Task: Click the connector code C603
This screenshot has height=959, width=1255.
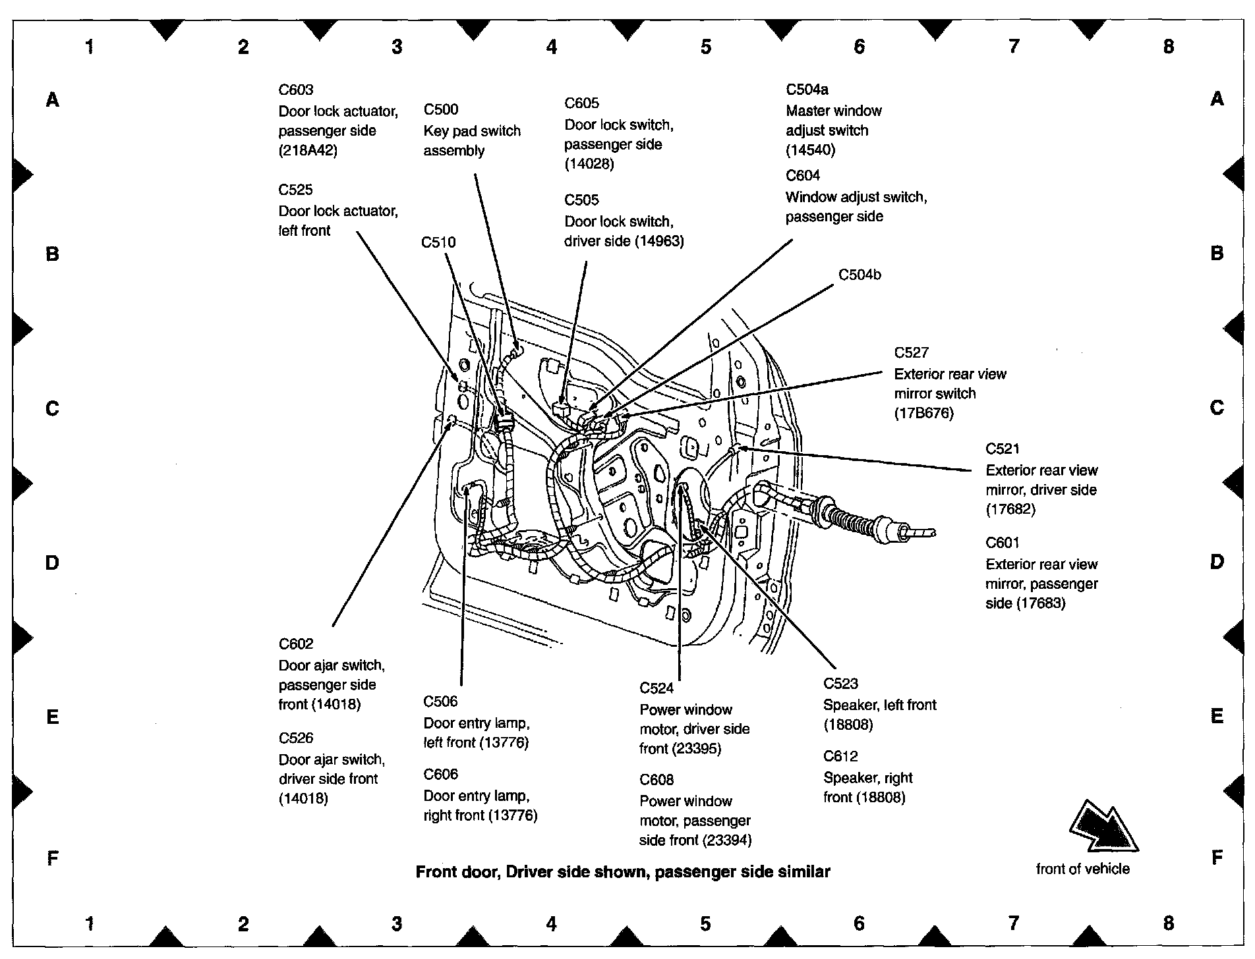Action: click(296, 90)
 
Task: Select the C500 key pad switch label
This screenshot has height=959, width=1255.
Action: click(440, 110)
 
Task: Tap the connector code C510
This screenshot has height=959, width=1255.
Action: click(438, 242)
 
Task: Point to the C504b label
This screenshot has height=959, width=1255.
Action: click(860, 275)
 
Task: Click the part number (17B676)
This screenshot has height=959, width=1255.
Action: click(923, 414)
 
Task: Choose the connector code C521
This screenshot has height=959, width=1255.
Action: click(1003, 449)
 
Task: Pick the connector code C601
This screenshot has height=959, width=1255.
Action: click(1003, 543)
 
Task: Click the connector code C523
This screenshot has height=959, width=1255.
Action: click(840, 684)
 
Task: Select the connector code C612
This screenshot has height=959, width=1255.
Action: click(840, 757)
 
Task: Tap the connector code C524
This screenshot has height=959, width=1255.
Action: click(657, 688)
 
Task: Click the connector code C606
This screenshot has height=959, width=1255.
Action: click(440, 775)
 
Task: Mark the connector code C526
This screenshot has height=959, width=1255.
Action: click(296, 738)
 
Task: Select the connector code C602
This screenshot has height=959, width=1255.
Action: click(296, 644)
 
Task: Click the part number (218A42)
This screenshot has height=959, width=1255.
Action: click(308, 150)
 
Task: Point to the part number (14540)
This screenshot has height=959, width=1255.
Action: click(810, 150)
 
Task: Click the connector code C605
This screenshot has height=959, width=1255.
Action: click(581, 103)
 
